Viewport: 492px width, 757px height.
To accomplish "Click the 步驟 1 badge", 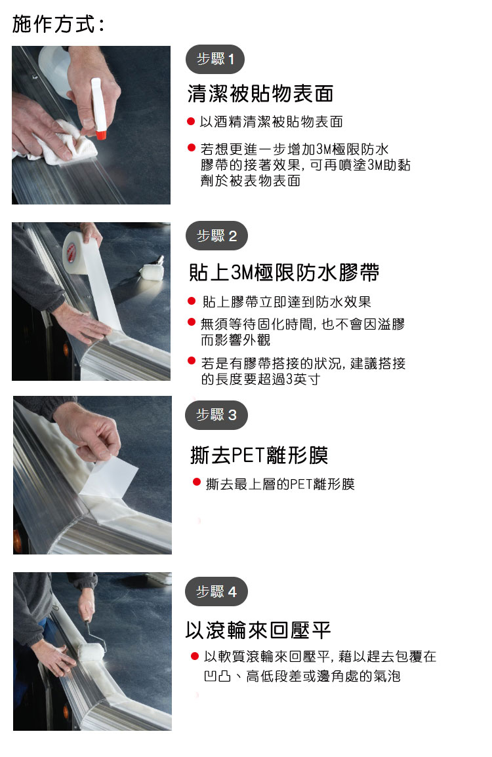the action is click(x=215, y=60).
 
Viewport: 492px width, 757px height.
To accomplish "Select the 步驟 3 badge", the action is click(x=216, y=415).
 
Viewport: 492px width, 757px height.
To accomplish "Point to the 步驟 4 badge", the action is click(x=216, y=591).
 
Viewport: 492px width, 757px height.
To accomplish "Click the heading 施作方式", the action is click(x=58, y=24).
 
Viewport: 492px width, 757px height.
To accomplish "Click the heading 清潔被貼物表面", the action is click(x=260, y=94).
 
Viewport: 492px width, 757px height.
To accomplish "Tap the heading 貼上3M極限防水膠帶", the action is click(x=284, y=273).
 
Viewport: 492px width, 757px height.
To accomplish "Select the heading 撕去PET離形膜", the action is click(x=259, y=456).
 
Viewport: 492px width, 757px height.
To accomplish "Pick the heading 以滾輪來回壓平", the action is click(x=258, y=630).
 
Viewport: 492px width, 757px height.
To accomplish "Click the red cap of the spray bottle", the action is click(x=100, y=135).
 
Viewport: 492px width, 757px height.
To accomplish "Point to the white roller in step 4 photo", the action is click(x=91, y=651).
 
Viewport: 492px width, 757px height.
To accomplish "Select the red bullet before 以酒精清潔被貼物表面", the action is click(x=191, y=122).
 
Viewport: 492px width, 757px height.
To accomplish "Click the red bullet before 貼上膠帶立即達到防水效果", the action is click(x=192, y=301).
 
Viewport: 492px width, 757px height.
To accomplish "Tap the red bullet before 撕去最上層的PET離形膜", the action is click(x=196, y=482).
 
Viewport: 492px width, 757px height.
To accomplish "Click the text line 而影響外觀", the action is click(x=236, y=340).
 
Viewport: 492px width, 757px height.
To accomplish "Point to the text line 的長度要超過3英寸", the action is click(x=260, y=379).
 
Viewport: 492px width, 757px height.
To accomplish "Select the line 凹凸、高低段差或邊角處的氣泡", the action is click(x=302, y=676).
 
